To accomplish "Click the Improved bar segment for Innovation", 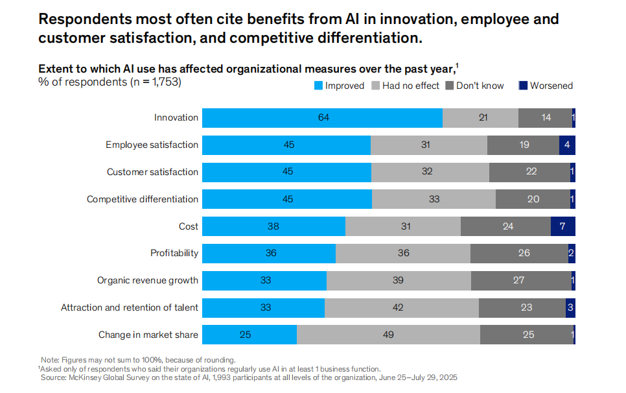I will [x=322, y=118].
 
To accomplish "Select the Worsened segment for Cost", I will [x=562, y=226].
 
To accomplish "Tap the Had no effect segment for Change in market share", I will [x=388, y=335].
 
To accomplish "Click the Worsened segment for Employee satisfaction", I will [x=567, y=145].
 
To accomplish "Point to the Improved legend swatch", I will [x=318, y=86].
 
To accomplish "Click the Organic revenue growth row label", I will [x=148, y=281].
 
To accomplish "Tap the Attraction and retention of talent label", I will [x=130, y=308].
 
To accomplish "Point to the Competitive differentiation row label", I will [x=143, y=199].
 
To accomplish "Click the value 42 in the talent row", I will [x=402, y=308].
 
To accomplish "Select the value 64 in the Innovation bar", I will [x=323, y=118].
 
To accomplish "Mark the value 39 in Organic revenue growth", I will [x=398, y=281].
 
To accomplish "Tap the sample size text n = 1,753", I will [x=148, y=82].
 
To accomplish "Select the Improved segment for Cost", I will [x=273, y=226].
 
